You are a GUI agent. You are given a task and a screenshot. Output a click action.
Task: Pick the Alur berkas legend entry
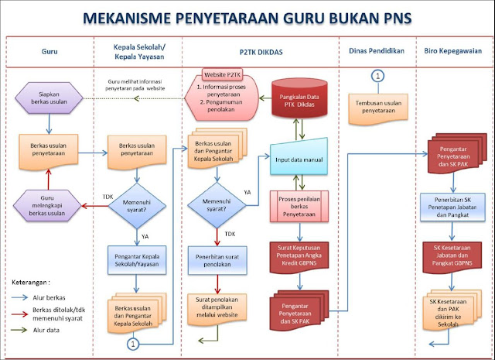click(x=46, y=296)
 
